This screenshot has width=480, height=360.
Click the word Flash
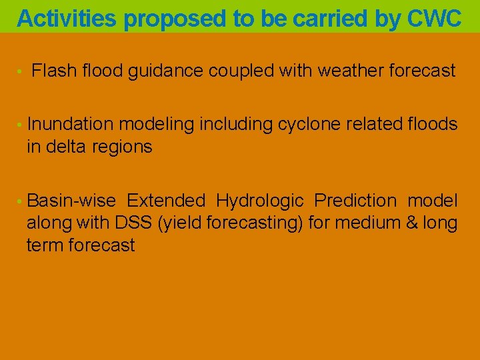[54, 71]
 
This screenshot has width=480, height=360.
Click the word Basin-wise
[71, 201]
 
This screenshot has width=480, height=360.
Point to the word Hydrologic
[260, 201]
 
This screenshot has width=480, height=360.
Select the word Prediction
[355, 201]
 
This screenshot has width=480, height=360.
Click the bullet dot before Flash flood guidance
[21, 71]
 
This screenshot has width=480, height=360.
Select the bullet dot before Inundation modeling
[21, 125]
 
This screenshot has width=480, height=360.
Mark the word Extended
[166, 201]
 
